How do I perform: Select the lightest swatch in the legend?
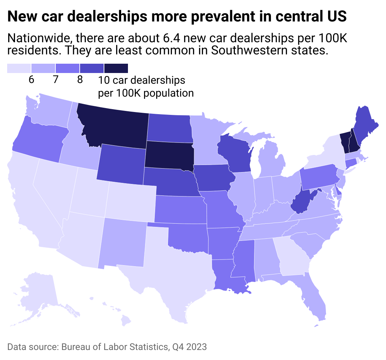pos(19,68)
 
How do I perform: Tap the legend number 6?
pos(31,80)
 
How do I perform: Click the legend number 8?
pos(80,80)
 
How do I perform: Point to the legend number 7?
pos(55,80)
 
